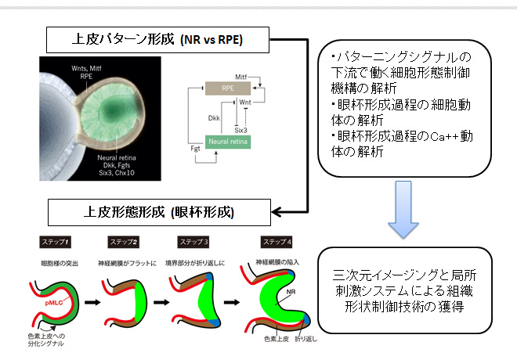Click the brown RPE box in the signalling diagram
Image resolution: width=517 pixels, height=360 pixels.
pyautogui.click(x=228, y=88)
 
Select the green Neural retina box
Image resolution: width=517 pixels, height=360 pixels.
pyautogui.click(x=228, y=142)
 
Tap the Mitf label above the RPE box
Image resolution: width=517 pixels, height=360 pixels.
pyautogui.click(x=240, y=77)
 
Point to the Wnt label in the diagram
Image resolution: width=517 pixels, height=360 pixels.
pyautogui.click(x=245, y=103)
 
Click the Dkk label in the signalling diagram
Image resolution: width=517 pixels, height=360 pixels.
pyautogui.click(x=214, y=118)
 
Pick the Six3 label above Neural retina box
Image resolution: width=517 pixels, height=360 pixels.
pyautogui.click(x=240, y=130)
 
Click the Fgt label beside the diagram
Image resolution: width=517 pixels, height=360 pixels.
pyautogui.click(x=195, y=149)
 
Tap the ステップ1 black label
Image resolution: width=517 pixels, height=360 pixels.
pyautogui.click(x=55, y=242)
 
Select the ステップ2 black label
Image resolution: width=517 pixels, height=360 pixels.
pyautogui.click(x=123, y=242)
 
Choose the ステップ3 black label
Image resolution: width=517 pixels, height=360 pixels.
pyautogui.click(x=193, y=242)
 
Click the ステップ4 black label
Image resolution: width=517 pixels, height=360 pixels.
pyautogui.click(x=277, y=242)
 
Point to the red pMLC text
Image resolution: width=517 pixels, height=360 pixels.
pyautogui.click(x=54, y=303)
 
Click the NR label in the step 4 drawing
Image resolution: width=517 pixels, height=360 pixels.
pyautogui.click(x=291, y=292)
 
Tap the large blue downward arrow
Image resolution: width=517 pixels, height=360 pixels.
pyautogui.click(x=403, y=210)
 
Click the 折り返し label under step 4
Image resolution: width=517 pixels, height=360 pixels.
pyautogui.click(x=306, y=339)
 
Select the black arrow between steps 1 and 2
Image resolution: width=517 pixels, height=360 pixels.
pyautogui.click(x=92, y=302)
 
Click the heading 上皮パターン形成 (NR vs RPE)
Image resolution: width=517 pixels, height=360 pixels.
pyautogui.click(x=157, y=40)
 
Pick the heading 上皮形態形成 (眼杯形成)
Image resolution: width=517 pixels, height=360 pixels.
pyautogui.click(x=159, y=212)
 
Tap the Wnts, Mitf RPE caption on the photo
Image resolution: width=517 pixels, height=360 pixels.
pyautogui.click(x=86, y=72)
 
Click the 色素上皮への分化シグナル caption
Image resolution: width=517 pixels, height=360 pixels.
pyautogui.click(x=46, y=340)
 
